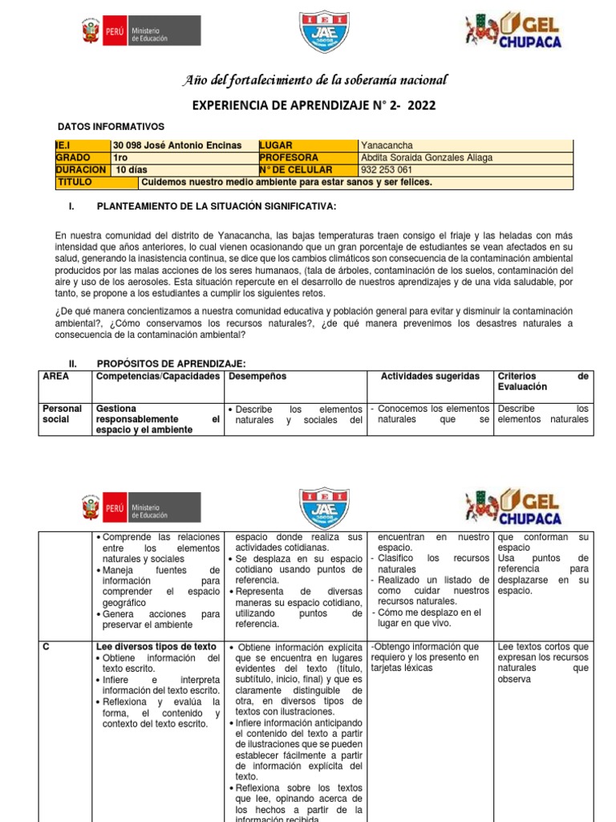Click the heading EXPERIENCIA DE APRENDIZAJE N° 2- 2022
point(316,106)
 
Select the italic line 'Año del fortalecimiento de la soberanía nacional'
point(316,79)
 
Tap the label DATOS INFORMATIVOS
point(111,127)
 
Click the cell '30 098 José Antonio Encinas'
point(178,145)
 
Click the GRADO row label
point(75,157)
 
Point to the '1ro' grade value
point(122,157)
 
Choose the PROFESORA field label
point(289,157)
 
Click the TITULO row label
point(75,182)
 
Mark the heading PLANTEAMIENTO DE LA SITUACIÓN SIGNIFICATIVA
point(216,206)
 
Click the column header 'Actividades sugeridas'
point(430,376)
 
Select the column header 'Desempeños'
point(257,376)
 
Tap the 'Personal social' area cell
point(63,414)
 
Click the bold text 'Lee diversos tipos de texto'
point(156,646)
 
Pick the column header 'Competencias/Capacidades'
point(158,376)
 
